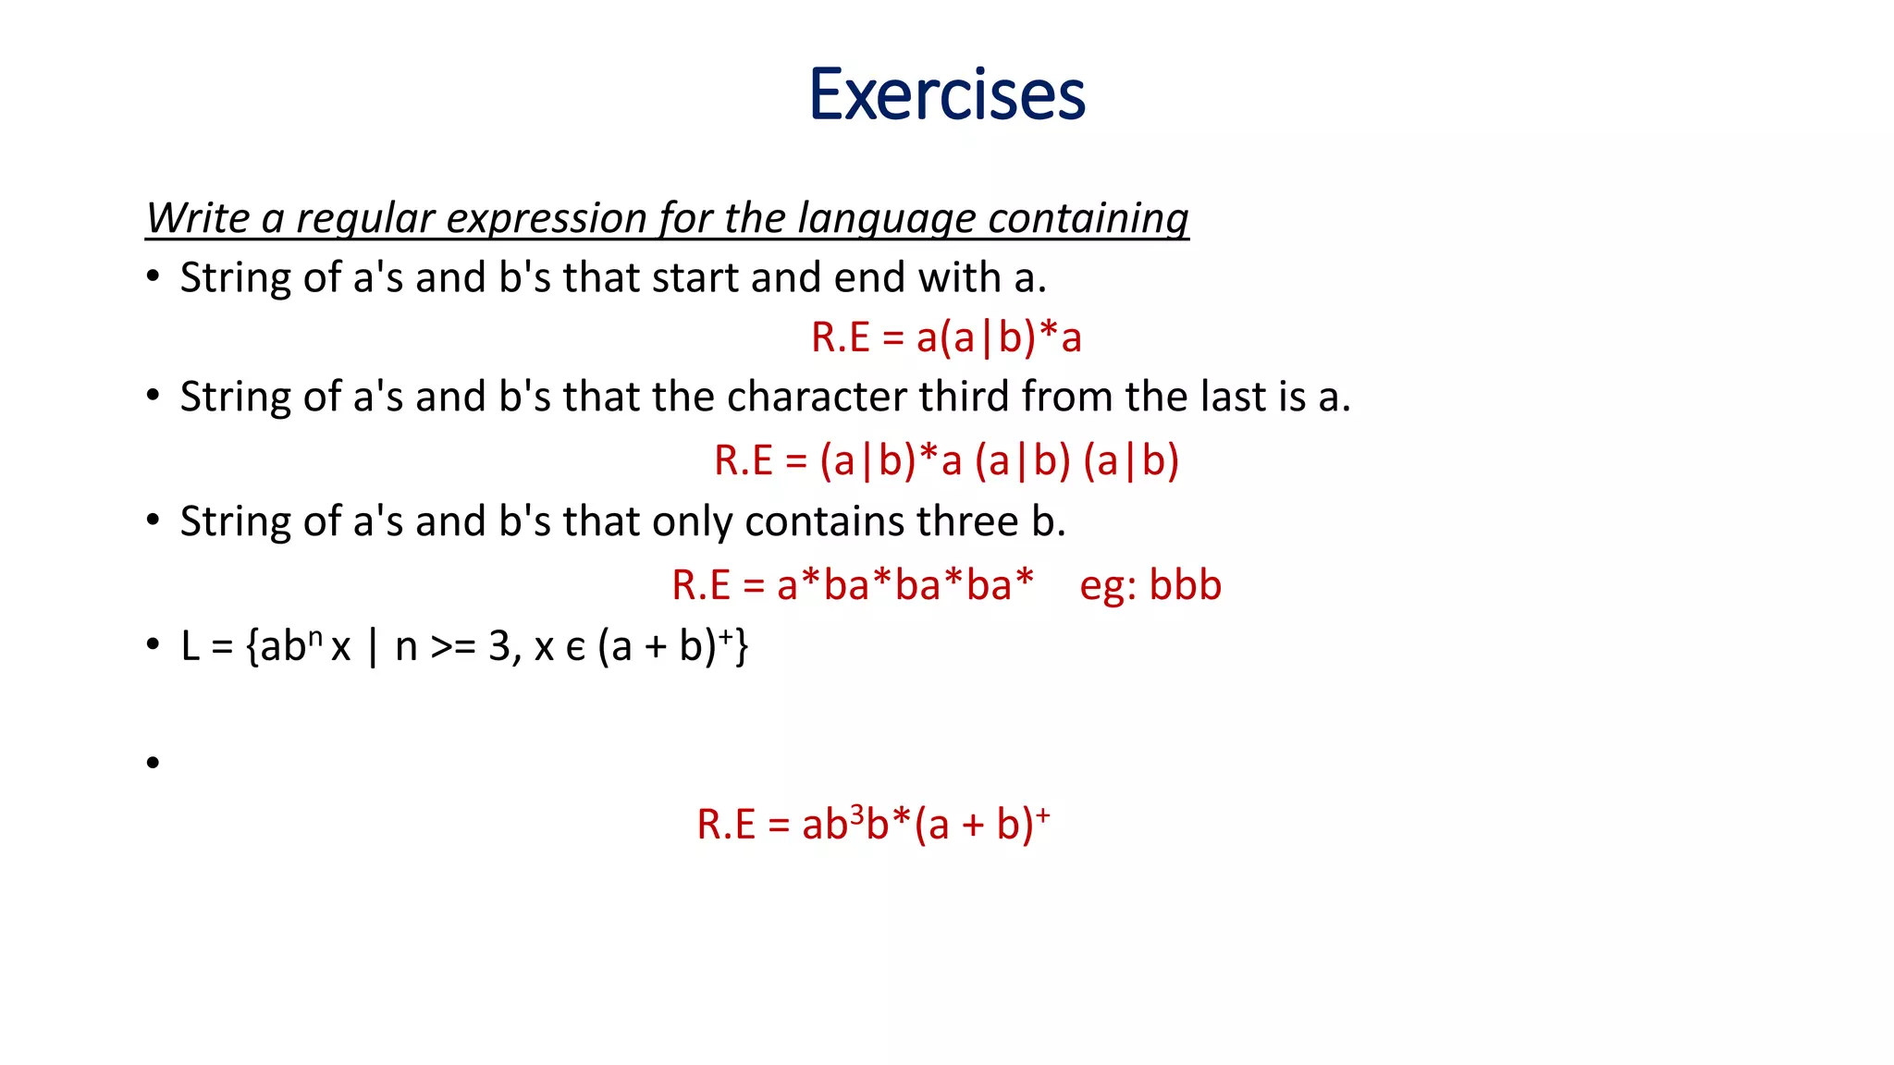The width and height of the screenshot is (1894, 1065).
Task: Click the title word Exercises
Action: (x=946, y=94)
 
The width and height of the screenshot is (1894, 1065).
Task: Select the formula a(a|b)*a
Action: (x=998, y=337)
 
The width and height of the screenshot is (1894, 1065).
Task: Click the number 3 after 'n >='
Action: (x=499, y=647)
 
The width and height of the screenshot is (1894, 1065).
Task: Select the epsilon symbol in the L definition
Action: (x=575, y=649)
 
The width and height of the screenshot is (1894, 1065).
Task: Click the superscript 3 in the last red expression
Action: (x=857, y=813)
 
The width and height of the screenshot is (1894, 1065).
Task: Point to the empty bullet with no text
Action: (x=154, y=763)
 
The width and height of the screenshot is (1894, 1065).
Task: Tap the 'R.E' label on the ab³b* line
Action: (x=726, y=825)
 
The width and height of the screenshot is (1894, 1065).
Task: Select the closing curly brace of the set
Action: (x=741, y=647)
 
